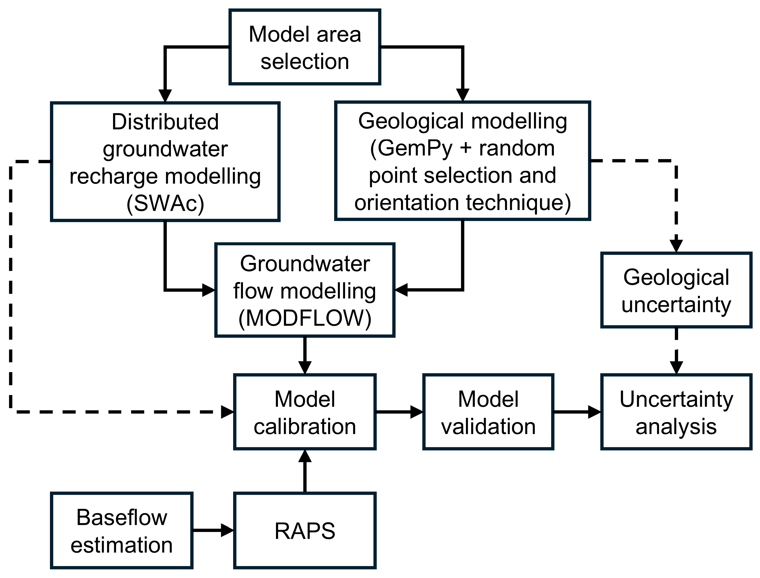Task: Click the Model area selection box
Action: point(304,47)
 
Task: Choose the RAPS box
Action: point(305,531)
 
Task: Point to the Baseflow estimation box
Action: point(121,531)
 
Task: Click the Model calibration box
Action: point(305,412)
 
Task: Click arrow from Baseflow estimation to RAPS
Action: point(213,530)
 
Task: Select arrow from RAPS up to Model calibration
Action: point(305,471)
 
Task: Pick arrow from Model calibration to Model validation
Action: point(399,412)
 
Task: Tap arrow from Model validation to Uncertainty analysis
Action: point(577,412)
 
